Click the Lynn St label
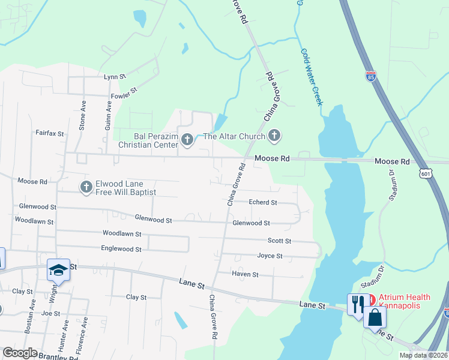114,77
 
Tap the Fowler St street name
124,93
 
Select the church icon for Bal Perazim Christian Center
187,140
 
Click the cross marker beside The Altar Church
274,136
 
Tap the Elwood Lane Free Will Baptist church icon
86,188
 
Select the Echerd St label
263,203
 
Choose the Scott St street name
279,241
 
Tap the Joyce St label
270,256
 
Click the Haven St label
245,274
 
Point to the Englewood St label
121,248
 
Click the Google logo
20,353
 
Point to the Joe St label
50,313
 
